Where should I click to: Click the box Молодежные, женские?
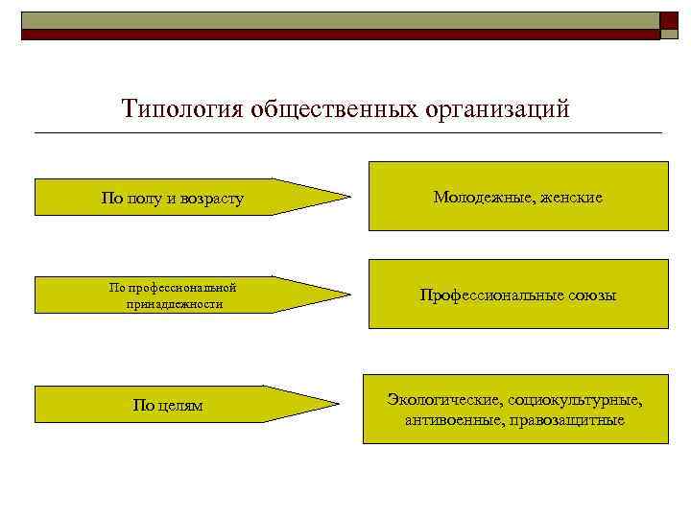pyautogui.click(x=518, y=197)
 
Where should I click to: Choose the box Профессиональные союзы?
pyautogui.click(x=518, y=295)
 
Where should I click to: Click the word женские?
pyautogui.click(x=574, y=198)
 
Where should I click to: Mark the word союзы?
pyautogui.click(x=584, y=296)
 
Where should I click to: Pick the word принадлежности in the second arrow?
pyautogui.click(x=174, y=304)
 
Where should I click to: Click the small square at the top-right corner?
pyautogui.click(x=669, y=23)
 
